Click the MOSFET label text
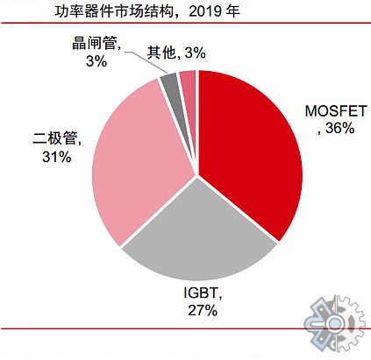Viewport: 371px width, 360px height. click(x=331, y=111)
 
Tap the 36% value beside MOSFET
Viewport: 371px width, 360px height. click(x=339, y=129)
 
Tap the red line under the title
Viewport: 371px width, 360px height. click(x=185, y=25)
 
